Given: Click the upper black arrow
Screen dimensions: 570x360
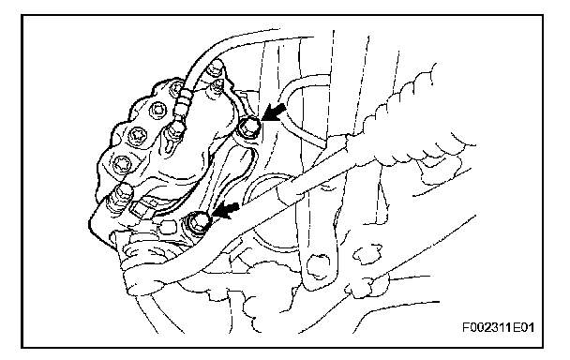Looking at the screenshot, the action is pyautogui.click(x=274, y=112).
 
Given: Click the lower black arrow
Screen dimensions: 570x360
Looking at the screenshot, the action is pyautogui.click(x=225, y=212).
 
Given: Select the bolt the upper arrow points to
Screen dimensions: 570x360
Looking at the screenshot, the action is pyautogui.click(x=249, y=128).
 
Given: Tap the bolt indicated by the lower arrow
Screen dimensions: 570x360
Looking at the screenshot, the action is pyautogui.click(x=199, y=222).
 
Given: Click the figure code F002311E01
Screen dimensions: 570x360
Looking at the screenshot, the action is pyautogui.click(x=498, y=327).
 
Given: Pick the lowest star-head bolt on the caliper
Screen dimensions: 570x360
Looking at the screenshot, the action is pyautogui.click(x=122, y=164).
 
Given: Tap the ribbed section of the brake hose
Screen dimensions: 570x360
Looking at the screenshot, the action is pyautogui.click(x=183, y=104).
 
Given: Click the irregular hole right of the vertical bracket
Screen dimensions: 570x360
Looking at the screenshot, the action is pyautogui.click(x=367, y=254).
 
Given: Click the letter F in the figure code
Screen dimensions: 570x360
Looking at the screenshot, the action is pyautogui.click(x=466, y=327).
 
